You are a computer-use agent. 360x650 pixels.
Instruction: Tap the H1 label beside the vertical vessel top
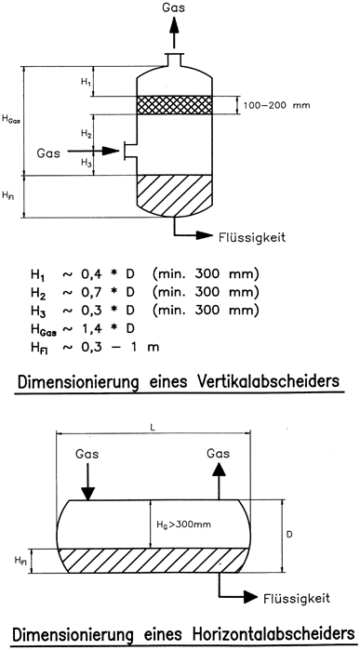(x=86, y=83)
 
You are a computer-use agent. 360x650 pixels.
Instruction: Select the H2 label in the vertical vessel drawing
(x=86, y=135)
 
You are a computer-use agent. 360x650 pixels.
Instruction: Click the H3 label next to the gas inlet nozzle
(x=86, y=164)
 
